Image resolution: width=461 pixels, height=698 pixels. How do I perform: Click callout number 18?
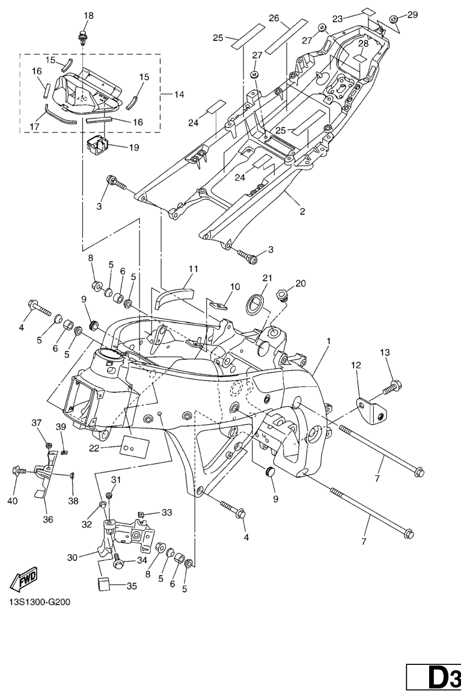(x=88, y=15)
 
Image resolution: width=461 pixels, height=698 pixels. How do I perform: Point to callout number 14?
(x=179, y=94)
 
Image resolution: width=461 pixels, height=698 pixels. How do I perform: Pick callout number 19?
(x=133, y=147)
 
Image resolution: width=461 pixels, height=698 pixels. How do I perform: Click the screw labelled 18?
(x=82, y=38)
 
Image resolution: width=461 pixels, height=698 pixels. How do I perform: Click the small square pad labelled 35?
(x=105, y=583)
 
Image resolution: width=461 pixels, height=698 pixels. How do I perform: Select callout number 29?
(x=412, y=14)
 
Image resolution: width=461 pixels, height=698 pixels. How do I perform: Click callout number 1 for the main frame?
(x=328, y=341)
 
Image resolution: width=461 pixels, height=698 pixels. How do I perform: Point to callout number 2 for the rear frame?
(x=302, y=212)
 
